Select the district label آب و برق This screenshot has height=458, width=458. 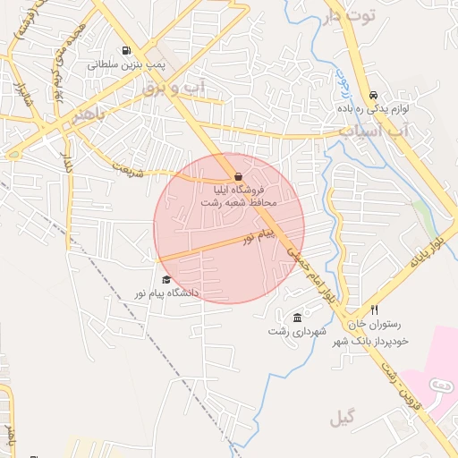pyautogui.click(x=174, y=88)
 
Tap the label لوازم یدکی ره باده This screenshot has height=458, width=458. pyautogui.click(x=374, y=108)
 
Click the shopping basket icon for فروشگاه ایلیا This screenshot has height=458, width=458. pyautogui.click(x=238, y=176)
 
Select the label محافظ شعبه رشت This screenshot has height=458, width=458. pyautogui.click(x=240, y=203)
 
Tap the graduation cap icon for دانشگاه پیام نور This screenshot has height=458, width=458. pyautogui.click(x=165, y=280)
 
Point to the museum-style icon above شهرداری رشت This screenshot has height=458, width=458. pyautogui.click(x=298, y=318)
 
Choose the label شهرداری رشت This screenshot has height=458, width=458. pyautogui.click(x=293, y=332)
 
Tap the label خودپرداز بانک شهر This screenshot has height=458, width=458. pyautogui.click(x=371, y=341)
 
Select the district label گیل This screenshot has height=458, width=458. pyautogui.click(x=342, y=417)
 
